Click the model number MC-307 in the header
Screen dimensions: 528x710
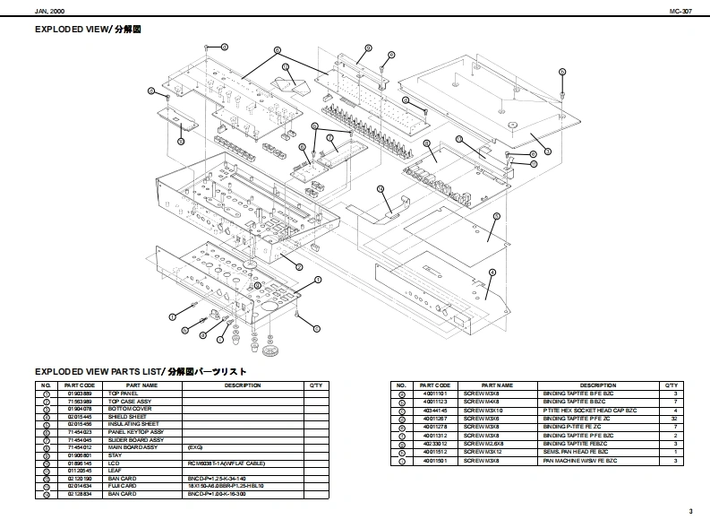tap(681, 11)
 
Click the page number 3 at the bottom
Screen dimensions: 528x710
tap(690, 511)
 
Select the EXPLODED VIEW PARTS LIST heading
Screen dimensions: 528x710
tap(140, 371)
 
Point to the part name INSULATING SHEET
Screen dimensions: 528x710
tap(133, 424)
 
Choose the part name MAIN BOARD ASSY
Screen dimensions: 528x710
tap(133, 447)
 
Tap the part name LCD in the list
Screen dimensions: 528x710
tap(114, 463)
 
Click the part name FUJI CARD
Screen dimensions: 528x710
tap(123, 486)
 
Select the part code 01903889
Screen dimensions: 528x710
tap(80, 394)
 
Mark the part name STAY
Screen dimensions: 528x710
tap(115, 455)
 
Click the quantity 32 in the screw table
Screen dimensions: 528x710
tap(674, 418)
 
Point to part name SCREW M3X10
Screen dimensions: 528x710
tap(484, 410)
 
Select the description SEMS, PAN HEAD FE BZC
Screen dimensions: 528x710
tap(576, 451)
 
